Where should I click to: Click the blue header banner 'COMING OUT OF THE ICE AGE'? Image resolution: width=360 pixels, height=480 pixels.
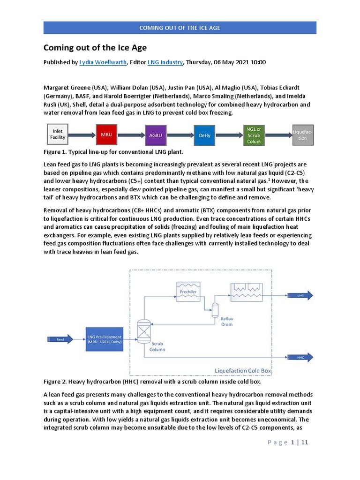tap(180, 28)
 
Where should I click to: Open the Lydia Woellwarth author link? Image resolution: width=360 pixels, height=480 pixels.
tap(103, 62)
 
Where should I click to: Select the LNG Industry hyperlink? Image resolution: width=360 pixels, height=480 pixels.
tap(165, 62)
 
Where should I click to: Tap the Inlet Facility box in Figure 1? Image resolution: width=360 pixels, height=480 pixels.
tap(58, 135)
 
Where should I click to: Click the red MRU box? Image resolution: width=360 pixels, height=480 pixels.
tap(106, 134)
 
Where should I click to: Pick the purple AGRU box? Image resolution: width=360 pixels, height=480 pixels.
tap(155, 135)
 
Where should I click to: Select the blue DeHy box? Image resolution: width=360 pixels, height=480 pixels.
tap(204, 135)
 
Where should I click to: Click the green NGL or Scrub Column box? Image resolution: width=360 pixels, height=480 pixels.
tap(254, 135)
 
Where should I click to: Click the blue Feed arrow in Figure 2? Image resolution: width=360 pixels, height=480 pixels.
tap(60, 339)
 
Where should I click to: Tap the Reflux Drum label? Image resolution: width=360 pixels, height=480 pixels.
tap(226, 321)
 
